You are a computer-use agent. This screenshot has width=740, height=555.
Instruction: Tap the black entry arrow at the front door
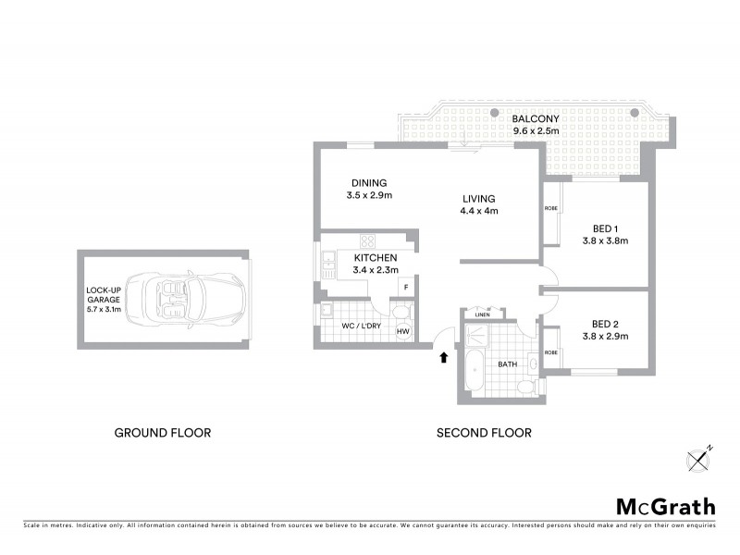coord(444,357)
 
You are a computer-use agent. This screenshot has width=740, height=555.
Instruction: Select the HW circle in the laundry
coord(403,332)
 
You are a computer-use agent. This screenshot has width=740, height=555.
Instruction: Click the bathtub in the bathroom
coord(474,372)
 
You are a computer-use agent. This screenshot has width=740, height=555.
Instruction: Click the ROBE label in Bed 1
coord(550,209)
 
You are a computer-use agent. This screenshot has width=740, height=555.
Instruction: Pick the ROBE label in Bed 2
coord(550,351)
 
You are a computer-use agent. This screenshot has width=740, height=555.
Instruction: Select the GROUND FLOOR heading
coord(162,432)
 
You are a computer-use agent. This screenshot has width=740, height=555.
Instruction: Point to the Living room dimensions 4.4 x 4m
coord(479,211)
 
